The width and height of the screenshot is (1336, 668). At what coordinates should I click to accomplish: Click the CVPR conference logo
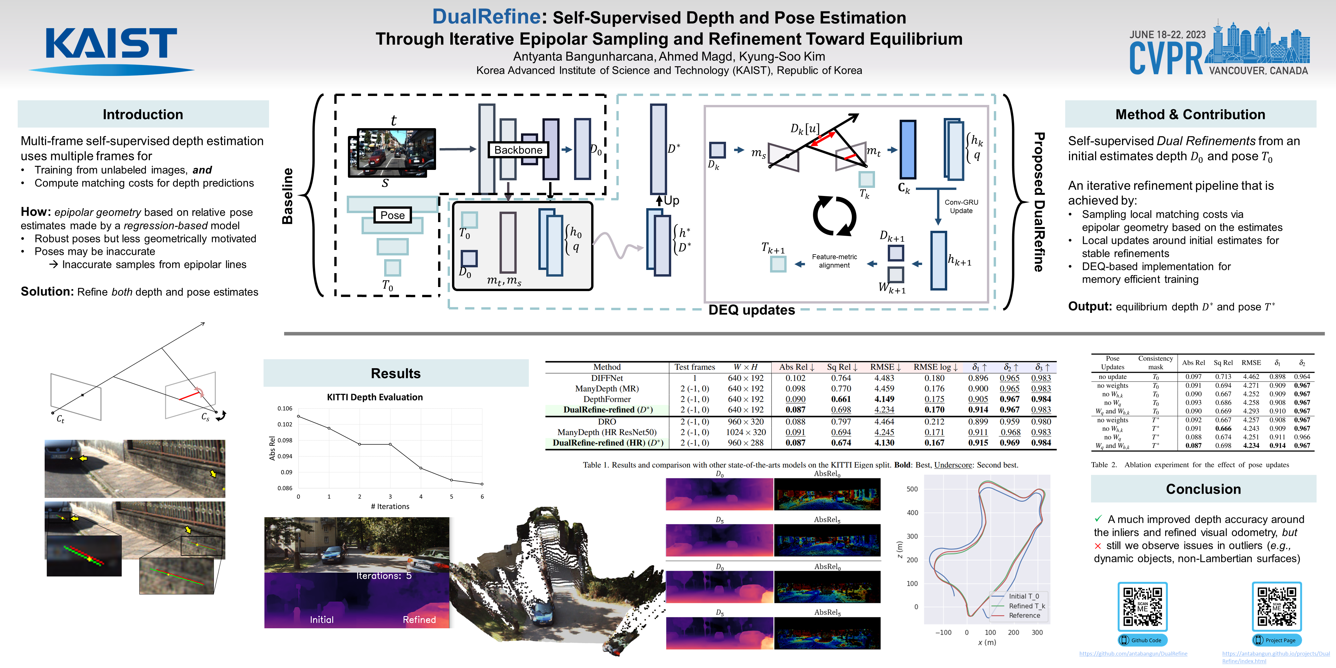tap(1219, 49)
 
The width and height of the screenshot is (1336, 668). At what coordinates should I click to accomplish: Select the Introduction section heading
tap(143, 114)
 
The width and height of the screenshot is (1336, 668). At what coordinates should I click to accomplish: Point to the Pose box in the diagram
tap(392, 215)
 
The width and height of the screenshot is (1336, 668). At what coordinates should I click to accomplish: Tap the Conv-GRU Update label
tap(961, 206)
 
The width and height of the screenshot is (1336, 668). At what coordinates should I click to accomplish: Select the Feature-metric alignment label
tap(834, 261)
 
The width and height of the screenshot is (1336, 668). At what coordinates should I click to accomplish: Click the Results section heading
tap(396, 373)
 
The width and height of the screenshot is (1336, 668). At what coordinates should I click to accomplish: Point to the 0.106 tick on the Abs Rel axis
tap(285, 409)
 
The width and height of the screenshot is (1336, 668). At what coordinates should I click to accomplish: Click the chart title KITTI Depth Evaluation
tap(375, 397)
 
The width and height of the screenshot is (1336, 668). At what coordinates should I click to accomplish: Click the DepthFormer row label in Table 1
tap(607, 399)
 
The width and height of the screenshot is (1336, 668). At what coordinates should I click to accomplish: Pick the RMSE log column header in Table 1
tap(935, 367)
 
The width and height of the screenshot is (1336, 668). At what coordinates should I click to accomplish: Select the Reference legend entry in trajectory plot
tap(1024, 616)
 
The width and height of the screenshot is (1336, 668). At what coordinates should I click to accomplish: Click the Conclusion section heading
tap(1203, 489)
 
